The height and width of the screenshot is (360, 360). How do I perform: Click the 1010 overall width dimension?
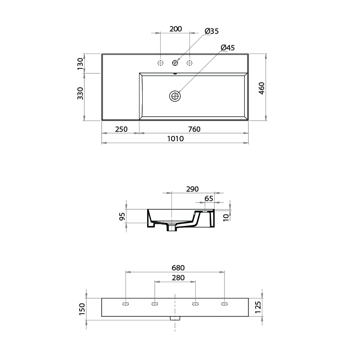175,139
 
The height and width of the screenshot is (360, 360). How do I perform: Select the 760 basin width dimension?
194,129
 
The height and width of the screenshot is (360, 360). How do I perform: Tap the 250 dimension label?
121,129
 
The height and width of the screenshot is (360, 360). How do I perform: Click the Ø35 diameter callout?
211,31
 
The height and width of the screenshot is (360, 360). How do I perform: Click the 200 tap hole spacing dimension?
175,29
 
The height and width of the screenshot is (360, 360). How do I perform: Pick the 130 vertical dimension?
81,63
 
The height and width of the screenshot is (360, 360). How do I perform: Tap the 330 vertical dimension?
81,93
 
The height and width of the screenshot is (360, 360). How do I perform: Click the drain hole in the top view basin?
175,95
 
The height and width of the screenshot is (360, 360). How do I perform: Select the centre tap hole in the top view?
175,63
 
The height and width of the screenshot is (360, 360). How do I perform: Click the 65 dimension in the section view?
209,198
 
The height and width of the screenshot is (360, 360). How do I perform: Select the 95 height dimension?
122,217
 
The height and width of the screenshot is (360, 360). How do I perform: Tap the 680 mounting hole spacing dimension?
175,268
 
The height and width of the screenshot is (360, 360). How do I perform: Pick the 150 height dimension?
82,309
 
